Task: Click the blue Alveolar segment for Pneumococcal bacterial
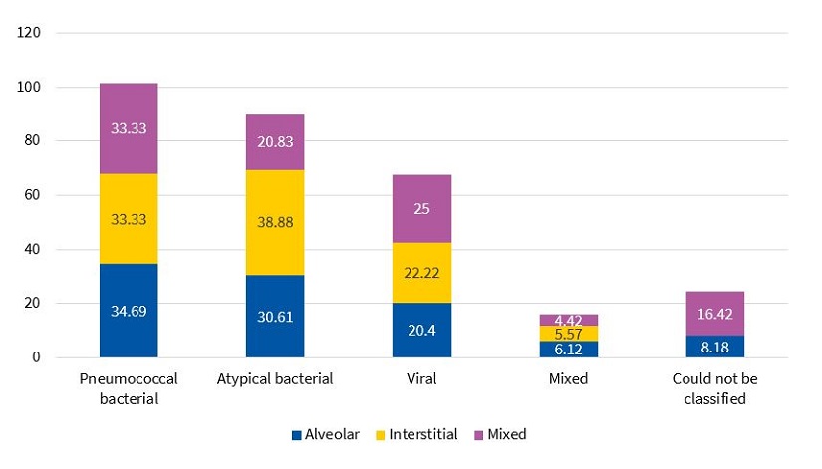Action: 129,310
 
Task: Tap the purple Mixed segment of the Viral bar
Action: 421,208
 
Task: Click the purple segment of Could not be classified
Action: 715,313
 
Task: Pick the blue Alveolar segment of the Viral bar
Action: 421,330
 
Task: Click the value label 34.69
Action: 129,311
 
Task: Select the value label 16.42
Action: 715,313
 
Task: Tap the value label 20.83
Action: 275,142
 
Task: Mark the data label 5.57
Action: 569,333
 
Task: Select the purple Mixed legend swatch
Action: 479,435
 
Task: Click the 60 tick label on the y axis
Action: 32,195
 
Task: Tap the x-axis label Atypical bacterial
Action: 275,379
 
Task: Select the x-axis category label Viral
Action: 421,379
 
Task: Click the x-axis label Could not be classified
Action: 715,388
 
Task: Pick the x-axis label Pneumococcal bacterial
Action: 129,388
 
